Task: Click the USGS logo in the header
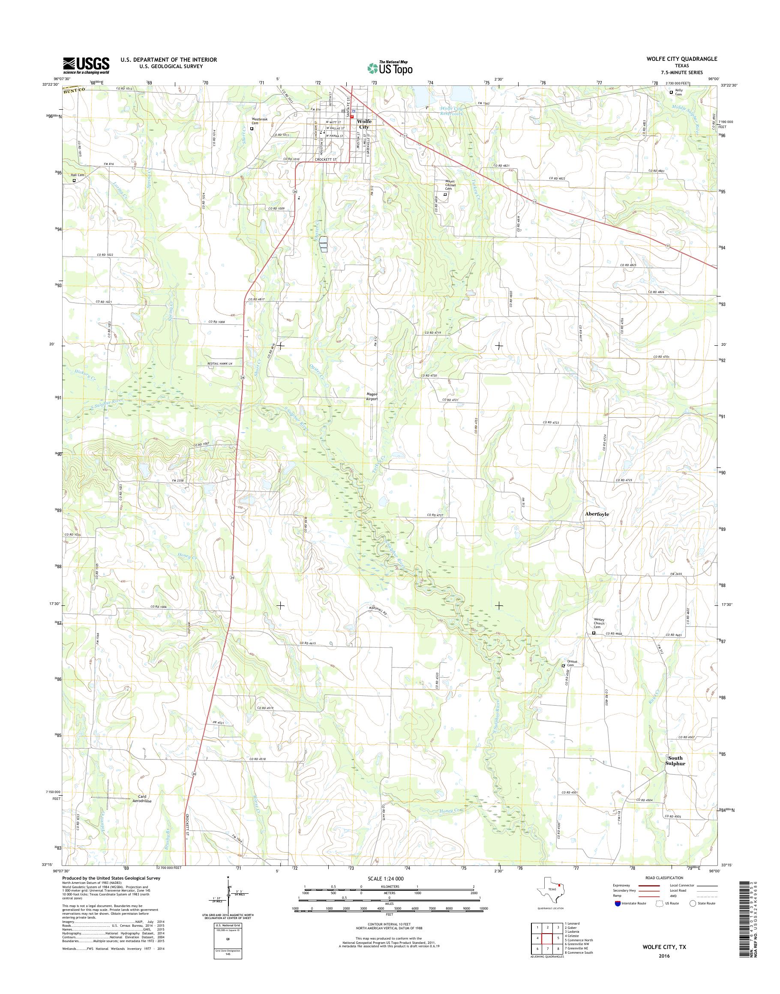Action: [86, 65]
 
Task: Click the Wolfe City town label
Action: [364, 124]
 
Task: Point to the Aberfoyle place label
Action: [597, 514]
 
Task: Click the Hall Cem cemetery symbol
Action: [74, 180]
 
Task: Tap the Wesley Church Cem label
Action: [599, 623]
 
